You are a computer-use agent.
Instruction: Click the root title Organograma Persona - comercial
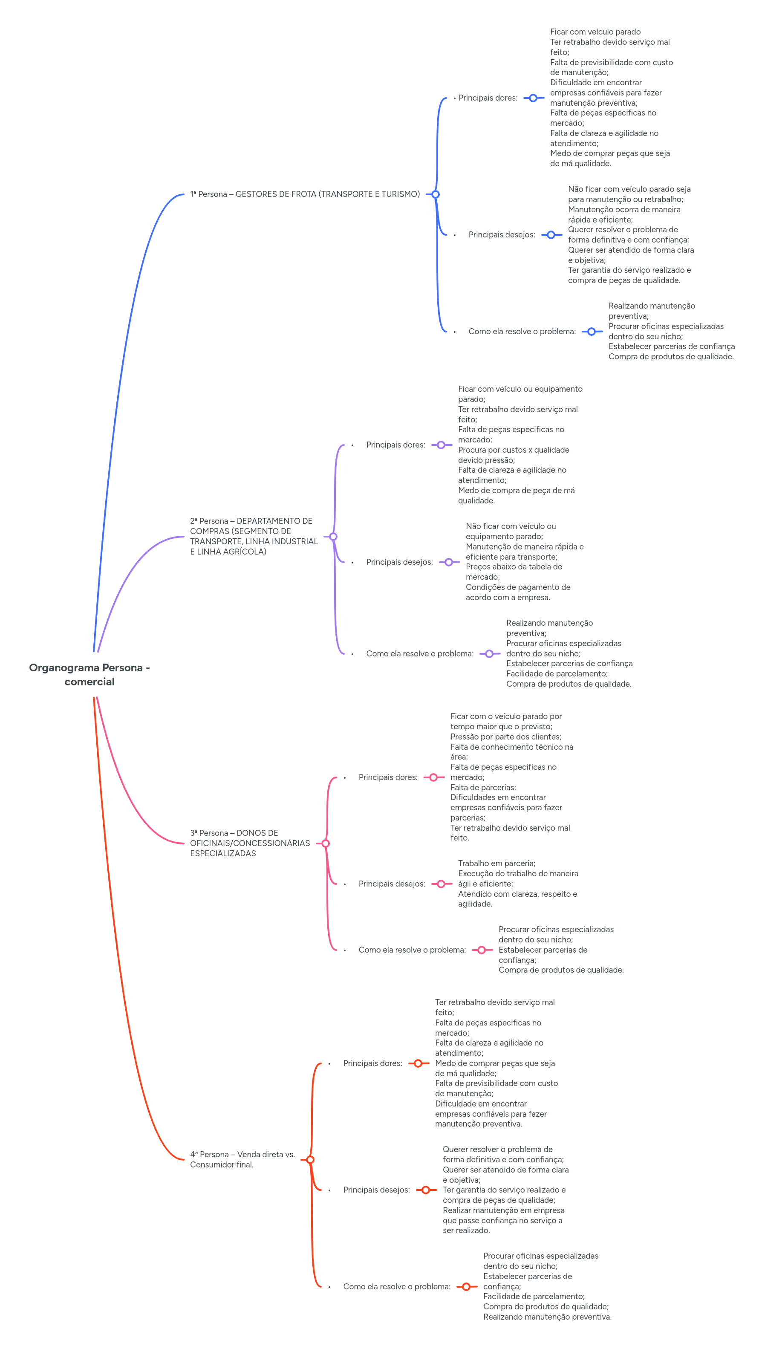click(x=89, y=674)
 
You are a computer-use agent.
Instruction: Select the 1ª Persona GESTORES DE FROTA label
click(x=305, y=194)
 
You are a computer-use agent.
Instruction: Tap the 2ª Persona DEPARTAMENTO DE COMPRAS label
click(x=254, y=536)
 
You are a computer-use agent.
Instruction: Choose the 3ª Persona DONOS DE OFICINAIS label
click(x=250, y=843)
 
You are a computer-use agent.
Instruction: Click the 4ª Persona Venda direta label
click(x=242, y=1159)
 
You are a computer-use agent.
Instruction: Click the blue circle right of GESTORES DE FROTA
click(x=435, y=194)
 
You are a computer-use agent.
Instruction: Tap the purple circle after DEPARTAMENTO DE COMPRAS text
click(x=333, y=537)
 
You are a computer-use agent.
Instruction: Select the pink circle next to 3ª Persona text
click(x=325, y=843)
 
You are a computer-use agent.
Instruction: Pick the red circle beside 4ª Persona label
click(x=310, y=1160)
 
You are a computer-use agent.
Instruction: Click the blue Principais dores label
click(x=488, y=98)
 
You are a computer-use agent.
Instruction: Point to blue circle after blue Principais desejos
click(x=551, y=235)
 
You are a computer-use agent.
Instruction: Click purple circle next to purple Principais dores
click(x=441, y=445)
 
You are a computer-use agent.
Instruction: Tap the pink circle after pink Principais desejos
click(x=441, y=884)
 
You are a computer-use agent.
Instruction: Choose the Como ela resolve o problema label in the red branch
click(x=396, y=1287)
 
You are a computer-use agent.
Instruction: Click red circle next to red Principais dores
click(x=418, y=1063)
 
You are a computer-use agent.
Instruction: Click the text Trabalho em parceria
click(x=496, y=864)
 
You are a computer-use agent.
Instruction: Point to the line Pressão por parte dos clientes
click(x=505, y=737)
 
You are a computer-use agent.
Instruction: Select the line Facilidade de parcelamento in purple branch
click(x=557, y=674)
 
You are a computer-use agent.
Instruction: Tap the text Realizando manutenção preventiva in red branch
click(x=547, y=1317)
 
